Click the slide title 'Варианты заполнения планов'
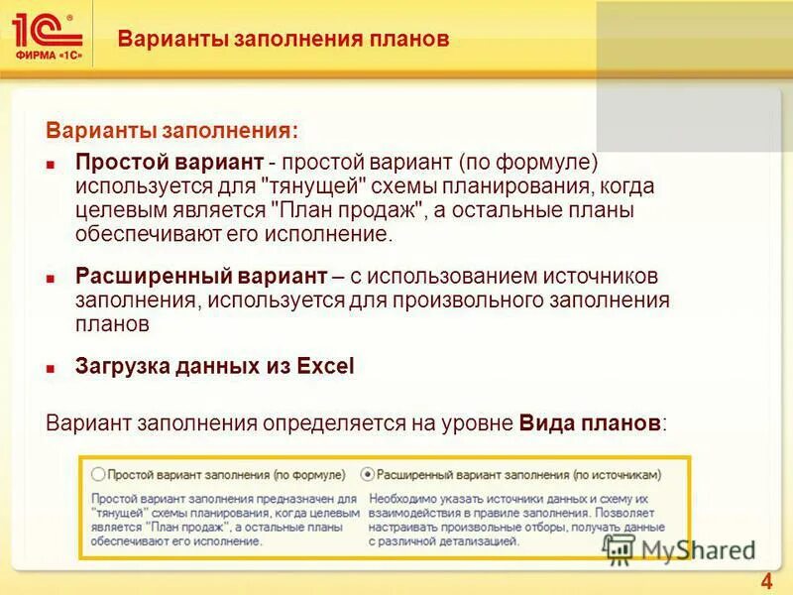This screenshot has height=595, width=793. coord(283,40)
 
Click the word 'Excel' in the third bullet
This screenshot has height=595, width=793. coord(324,366)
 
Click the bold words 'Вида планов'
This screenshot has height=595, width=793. coord(589,423)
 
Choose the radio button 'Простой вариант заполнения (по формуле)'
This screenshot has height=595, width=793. coord(97,475)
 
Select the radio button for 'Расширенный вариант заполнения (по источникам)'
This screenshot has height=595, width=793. coord(368,475)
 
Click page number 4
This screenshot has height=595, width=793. coord(766,581)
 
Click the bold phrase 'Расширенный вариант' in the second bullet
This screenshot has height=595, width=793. coord(201,277)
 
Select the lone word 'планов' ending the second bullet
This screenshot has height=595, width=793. coord(112,323)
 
